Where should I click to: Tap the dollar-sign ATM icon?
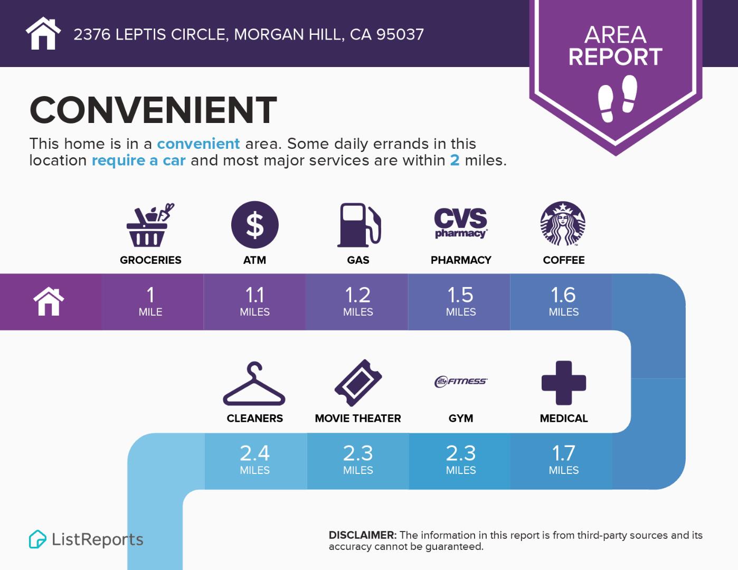pos(255,225)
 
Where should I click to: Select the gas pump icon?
pos(358,225)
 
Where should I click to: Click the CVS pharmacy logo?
pos(461,223)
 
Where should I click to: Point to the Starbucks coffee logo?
pos(563,223)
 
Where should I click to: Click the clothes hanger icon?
pos(254,383)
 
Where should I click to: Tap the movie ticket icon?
pos(358,383)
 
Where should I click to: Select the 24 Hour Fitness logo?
pos(461,382)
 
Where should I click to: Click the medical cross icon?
pos(564,383)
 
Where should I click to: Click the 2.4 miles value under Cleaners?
pos(255,460)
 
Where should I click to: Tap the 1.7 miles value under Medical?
pos(563,460)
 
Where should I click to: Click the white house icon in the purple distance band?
pos(49,301)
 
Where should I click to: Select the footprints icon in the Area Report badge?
pos(618,99)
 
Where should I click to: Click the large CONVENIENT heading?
pos(153,110)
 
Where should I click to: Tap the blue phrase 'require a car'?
pos(138,160)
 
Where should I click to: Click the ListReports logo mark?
pos(37,539)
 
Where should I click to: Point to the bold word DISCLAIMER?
pos(362,535)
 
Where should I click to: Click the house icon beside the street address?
pos(43,33)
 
